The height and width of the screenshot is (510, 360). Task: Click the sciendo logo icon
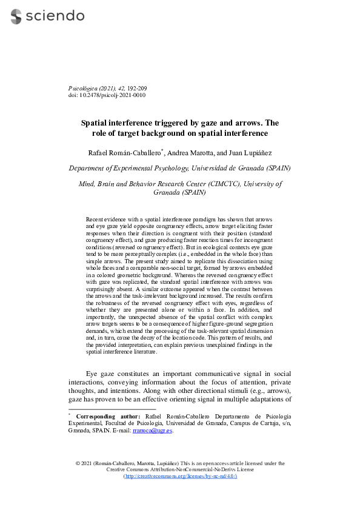pos(16,16)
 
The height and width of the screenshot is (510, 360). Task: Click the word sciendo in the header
pos(55,16)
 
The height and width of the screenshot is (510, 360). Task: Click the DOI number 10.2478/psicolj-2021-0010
pos(112,95)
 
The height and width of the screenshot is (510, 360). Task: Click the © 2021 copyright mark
pos(83,463)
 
